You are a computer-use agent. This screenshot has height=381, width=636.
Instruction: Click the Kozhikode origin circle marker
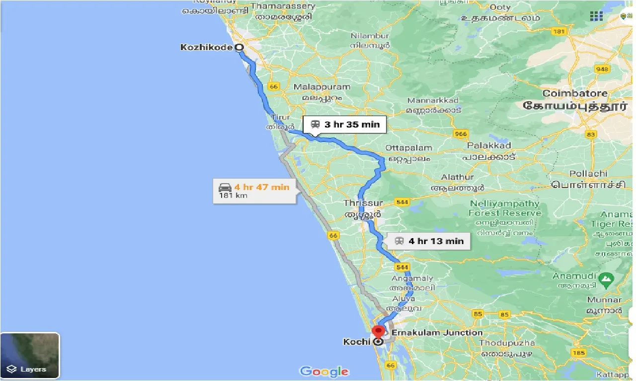pyautogui.click(x=239, y=48)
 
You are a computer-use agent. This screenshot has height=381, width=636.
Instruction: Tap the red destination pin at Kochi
pyautogui.click(x=379, y=331)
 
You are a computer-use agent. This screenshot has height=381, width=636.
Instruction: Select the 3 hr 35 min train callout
pyautogui.click(x=344, y=125)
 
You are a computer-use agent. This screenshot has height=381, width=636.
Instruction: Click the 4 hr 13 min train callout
pyautogui.click(x=429, y=241)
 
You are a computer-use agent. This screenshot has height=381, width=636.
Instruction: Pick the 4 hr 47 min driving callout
pyautogui.click(x=254, y=190)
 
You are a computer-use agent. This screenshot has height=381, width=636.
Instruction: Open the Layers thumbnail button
pyautogui.click(x=30, y=355)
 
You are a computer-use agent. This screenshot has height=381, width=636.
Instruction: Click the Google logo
pyautogui.click(x=324, y=371)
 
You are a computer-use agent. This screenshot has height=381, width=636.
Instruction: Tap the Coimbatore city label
pyautogui.click(x=575, y=93)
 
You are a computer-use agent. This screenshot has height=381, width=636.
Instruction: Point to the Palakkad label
pyautogui.click(x=489, y=146)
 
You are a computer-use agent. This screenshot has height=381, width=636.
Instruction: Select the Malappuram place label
pyautogui.click(x=322, y=87)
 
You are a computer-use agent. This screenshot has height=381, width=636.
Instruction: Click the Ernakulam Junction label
pyautogui.click(x=436, y=332)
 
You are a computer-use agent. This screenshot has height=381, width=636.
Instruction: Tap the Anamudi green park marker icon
pyautogui.click(x=606, y=279)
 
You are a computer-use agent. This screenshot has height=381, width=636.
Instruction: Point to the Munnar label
pyautogui.click(x=604, y=300)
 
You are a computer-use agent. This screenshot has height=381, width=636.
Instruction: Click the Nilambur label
pyautogui.click(x=370, y=36)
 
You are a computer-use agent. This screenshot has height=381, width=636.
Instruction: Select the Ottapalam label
pyautogui.click(x=409, y=148)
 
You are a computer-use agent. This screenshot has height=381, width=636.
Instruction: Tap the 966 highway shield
pyautogui.click(x=460, y=134)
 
